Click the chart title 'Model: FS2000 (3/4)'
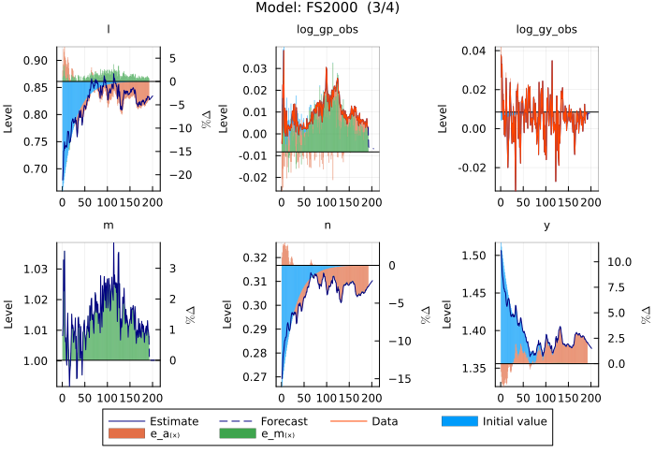327,8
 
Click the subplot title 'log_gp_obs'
327,30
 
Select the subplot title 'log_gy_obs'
546,30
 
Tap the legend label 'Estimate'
174,421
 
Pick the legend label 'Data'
385,421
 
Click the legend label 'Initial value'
515,421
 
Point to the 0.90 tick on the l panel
36,61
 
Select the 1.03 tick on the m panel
36,270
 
